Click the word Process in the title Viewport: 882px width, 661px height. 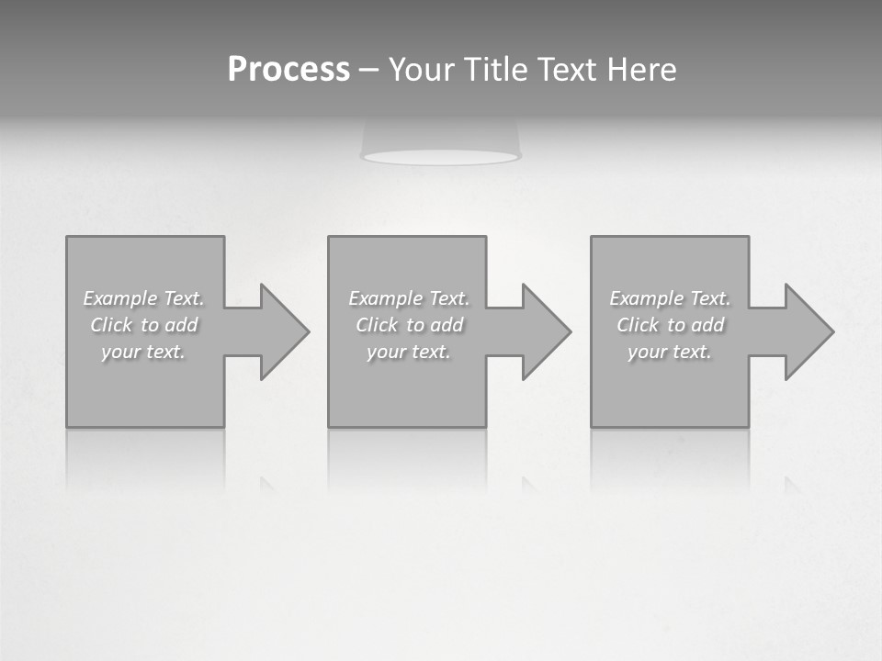(288, 70)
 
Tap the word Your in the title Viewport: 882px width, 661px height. (424, 70)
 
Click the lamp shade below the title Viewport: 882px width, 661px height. (441, 142)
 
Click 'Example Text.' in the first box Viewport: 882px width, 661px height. (144, 298)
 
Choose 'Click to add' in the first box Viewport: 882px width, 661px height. (144, 325)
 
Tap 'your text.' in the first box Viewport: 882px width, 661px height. (144, 352)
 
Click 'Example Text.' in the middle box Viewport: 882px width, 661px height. (409, 298)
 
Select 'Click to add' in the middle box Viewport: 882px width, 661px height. (409, 325)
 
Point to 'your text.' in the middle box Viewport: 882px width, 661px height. (409, 352)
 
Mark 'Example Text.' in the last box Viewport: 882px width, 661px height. (670, 298)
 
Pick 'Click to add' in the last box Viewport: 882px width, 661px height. (670, 325)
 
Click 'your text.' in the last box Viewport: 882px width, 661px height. (670, 352)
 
